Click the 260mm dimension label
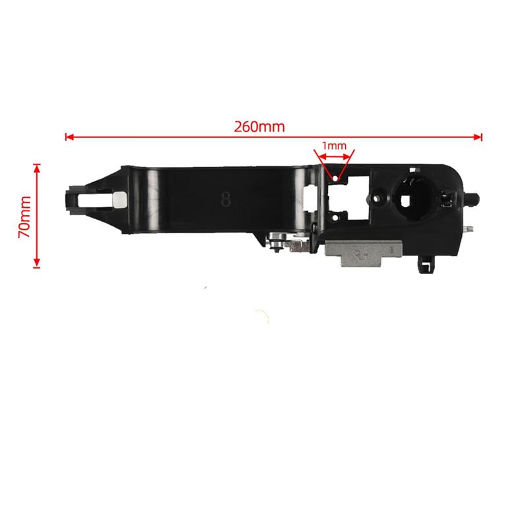[259, 126]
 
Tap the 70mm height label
[24, 216]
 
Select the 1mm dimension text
[334, 145]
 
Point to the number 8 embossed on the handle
[226, 199]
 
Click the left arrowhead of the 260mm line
[68, 137]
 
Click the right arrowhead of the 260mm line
[479, 137]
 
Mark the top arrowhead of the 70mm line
[36, 168]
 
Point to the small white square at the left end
[119, 200]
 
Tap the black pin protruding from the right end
[473, 196]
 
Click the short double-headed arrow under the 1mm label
[335, 156]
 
